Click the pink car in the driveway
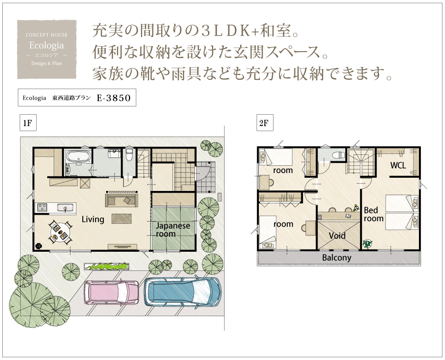coord(111,293)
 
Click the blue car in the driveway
coord(183,291)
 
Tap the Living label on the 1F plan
coord(93,219)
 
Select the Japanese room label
coord(173,230)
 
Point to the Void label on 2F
coord(337,236)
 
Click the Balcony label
coord(337,258)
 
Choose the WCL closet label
coord(398,165)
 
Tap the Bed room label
coord(374,214)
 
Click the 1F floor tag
coord(28,123)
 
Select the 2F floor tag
coord(264,123)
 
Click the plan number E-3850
coord(113,98)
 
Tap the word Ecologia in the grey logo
coord(47,45)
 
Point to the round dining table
coord(60,232)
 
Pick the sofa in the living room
coord(122,200)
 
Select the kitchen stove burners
coord(42,207)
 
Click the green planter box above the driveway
coord(107,266)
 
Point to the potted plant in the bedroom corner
coord(367,244)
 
